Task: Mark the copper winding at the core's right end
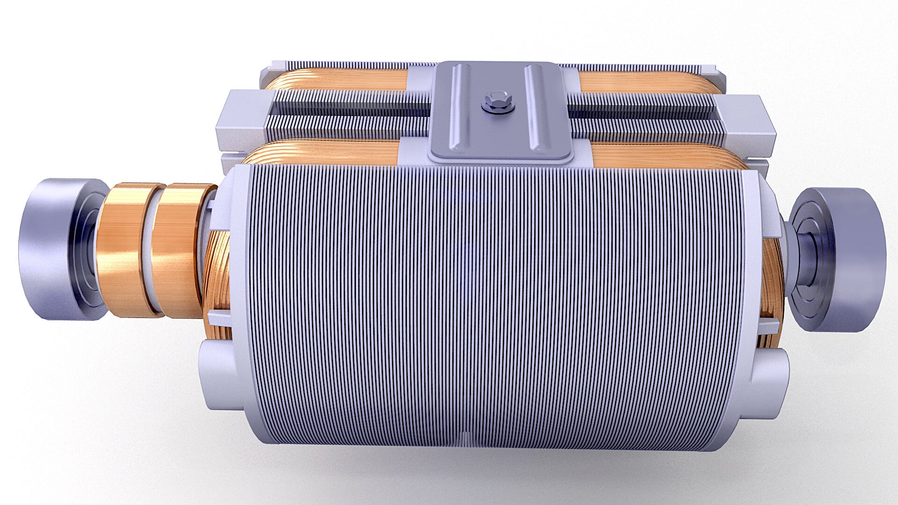coord(772,290)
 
